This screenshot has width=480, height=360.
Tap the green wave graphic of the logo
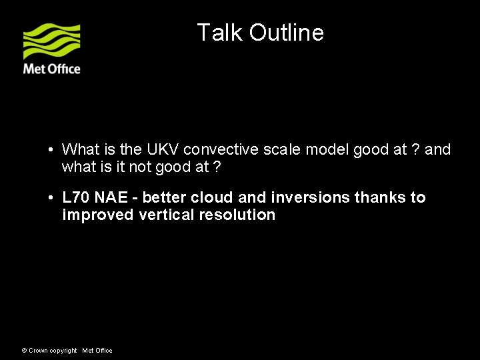(52, 41)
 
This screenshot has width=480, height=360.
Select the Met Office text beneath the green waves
(52, 69)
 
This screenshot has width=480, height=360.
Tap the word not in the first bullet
(139, 167)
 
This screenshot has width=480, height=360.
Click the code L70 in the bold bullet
(75, 197)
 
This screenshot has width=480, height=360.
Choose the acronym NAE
(113, 197)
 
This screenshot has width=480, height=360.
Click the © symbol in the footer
(25, 351)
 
